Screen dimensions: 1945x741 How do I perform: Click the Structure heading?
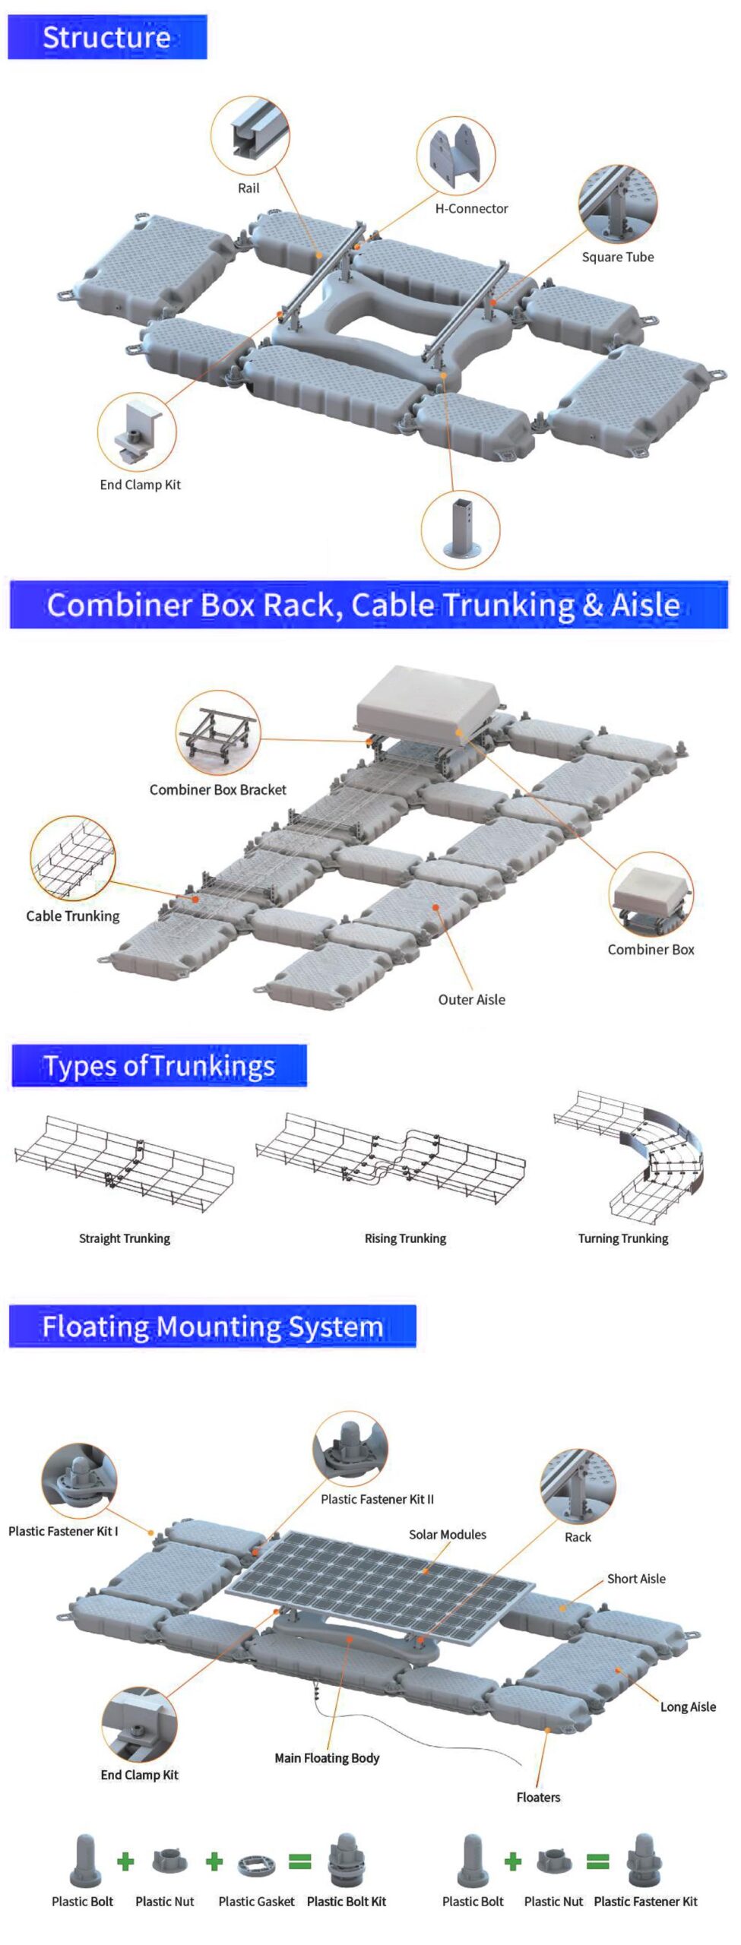click(x=106, y=37)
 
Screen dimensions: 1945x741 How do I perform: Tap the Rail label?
click(x=249, y=188)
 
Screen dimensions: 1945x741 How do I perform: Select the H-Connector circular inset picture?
click(x=456, y=156)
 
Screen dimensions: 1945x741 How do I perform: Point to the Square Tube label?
click(x=617, y=257)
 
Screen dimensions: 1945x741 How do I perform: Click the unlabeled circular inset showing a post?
click(x=461, y=529)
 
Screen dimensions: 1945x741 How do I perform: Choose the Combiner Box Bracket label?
click(x=217, y=789)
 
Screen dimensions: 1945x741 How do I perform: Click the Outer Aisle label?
click(x=471, y=1000)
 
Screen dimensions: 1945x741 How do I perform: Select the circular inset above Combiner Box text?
click(x=651, y=894)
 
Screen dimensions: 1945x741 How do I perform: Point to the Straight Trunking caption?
click(x=125, y=1238)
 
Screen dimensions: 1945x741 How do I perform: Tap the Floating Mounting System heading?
click(x=212, y=1327)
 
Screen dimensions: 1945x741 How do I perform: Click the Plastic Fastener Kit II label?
click(x=377, y=1499)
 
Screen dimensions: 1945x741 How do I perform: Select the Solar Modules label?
click(x=447, y=1534)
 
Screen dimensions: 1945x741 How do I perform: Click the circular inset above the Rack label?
click(x=578, y=1485)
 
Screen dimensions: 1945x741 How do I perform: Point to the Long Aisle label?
click(x=688, y=1706)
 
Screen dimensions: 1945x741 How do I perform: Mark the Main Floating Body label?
click(x=327, y=1757)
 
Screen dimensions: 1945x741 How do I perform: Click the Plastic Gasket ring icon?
click(x=256, y=1864)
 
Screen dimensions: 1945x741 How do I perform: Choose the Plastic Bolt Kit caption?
click(x=347, y=1901)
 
